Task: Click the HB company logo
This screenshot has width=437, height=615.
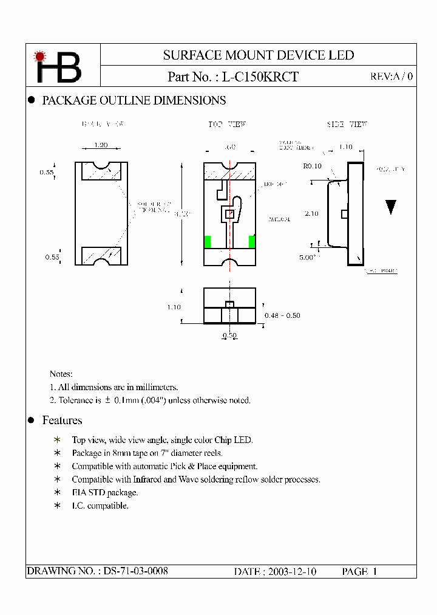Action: pos(58,67)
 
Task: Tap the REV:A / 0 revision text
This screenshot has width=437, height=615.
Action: pos(391,77)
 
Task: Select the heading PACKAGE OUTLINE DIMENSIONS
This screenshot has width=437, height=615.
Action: pos(134,101)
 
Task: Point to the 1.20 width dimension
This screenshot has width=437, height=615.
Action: pos(101,146)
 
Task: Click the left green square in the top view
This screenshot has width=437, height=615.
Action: pos(207,242)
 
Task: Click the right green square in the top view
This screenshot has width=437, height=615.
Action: pos(252,242)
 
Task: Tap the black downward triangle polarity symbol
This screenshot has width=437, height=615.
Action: pos(391,207)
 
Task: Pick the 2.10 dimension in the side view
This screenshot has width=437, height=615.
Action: pos(311,213)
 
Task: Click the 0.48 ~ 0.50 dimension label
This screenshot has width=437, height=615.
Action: pos(282,315)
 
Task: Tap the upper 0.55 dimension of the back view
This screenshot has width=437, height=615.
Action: pos(47,173)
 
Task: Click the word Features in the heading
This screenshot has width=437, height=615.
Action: pos(62,421)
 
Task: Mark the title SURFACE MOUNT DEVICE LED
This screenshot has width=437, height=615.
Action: pos(258,55)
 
